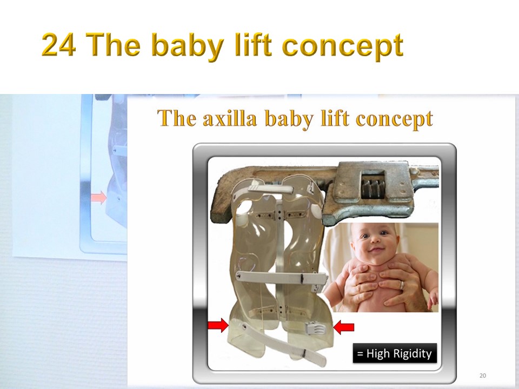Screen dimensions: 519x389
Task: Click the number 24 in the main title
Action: (58, 45)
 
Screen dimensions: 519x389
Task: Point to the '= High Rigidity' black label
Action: (395, 353)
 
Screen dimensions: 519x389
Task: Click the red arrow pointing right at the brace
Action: (218, 325)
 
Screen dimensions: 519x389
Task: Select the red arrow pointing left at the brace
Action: (344, 327)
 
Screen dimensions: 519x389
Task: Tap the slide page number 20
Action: (483, 375)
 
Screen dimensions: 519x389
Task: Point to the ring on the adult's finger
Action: (402, 285)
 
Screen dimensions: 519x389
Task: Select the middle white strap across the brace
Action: (282, 277)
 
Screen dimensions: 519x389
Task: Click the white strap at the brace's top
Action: (271, 189)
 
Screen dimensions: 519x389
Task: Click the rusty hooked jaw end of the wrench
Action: (220, 202)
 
